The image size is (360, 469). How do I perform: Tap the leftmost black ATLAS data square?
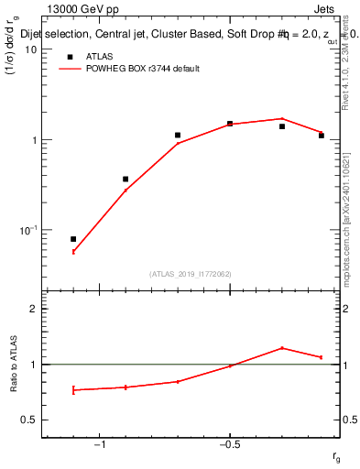point(73,239)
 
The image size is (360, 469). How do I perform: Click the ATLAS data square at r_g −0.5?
point(230,124)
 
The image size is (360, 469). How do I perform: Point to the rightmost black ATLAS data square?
point(322,136)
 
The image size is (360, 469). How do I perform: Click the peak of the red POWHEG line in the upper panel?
point(282,118)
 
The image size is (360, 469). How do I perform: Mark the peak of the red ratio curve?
point(282,348)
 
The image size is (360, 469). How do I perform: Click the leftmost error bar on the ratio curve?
point(73,390)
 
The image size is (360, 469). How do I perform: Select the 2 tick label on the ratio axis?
point(32,309)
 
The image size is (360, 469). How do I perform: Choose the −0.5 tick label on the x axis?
point(229,444)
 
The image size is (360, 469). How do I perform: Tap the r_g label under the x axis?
point(336,456)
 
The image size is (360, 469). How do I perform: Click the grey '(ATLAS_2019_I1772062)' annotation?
point(191,274)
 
